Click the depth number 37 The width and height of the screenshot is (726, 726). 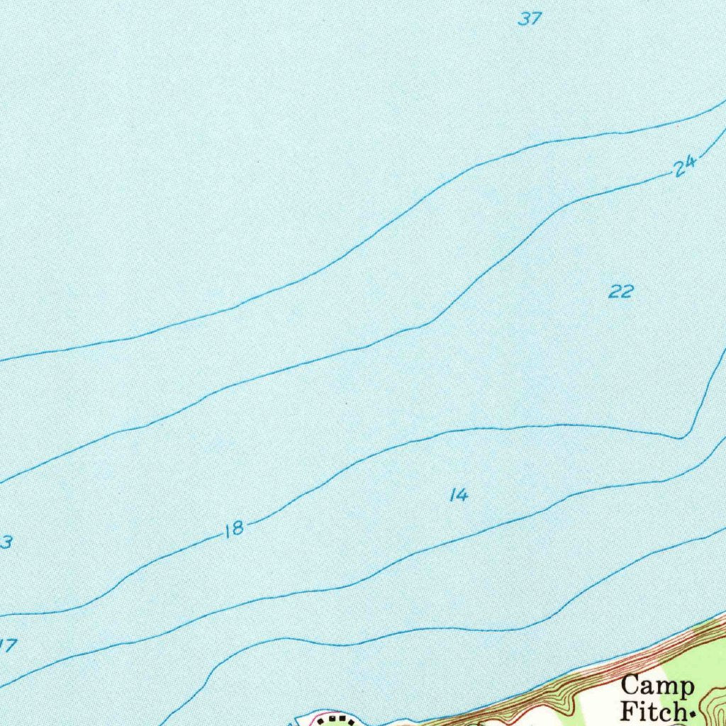[x=529, y=19]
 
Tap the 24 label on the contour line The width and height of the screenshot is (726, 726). [x=684, y=167]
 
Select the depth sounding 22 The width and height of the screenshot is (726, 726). [x=620, y=291]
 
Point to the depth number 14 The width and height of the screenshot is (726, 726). [x=459, y=496]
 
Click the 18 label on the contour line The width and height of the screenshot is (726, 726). [x=234, y=529]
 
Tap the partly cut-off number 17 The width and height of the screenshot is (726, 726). [x=7, y=645]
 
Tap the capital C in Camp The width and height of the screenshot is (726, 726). [x=630, y=686]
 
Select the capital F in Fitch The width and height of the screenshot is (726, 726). [x=629, y=710]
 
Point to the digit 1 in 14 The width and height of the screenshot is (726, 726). [x=453, y=496]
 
